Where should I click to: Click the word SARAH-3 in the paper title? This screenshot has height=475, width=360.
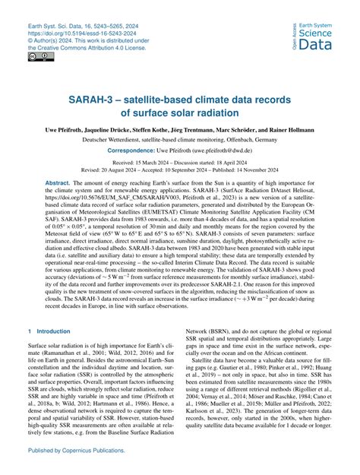tap(92, 101)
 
